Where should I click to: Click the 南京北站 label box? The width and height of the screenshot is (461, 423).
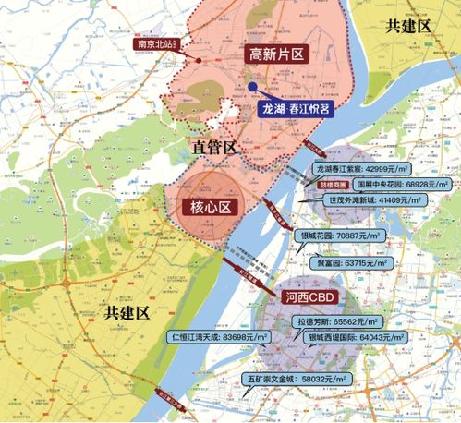click(x=159, y=42)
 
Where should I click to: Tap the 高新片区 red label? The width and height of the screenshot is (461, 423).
click(x=276, y=54)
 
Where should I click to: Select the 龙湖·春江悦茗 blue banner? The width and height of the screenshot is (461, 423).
click(x=295, y=108)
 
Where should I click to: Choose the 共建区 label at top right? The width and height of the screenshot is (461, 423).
click(x=408, y=25)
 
